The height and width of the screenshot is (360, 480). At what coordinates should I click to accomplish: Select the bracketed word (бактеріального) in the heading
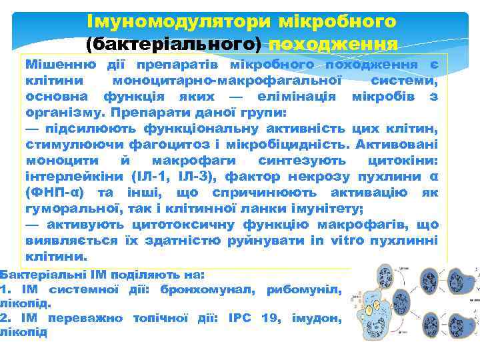[173, 44]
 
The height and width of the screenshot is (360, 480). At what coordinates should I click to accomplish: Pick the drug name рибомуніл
[304, 289]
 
